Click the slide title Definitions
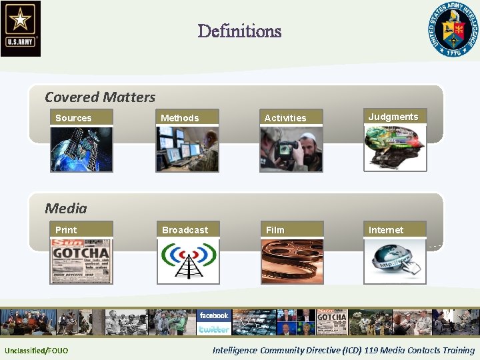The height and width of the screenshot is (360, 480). (239, 31)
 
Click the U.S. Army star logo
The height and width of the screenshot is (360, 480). (21, 28)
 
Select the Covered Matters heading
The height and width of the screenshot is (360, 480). (100, 97)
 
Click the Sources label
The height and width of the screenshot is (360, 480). (73, 118)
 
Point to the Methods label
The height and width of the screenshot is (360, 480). (179, 118)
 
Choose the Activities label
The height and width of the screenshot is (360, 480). (285, 118)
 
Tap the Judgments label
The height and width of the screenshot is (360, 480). (393, 117)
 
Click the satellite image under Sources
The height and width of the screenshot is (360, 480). (81, 149)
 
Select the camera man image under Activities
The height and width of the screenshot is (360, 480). (291, 149)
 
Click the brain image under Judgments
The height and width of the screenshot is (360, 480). (394, 148)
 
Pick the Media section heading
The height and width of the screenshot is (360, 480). (66, 209)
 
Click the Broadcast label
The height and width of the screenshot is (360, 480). (185, 230)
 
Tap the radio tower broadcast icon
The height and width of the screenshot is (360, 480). (188, 261)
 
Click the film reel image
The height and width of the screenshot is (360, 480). (291, 261)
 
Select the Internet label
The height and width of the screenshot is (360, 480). (386, 230)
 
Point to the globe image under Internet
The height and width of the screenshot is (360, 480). (394, 261)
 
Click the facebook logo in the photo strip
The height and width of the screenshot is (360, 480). (213, 315)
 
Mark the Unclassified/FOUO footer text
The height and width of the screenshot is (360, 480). (36, 351)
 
